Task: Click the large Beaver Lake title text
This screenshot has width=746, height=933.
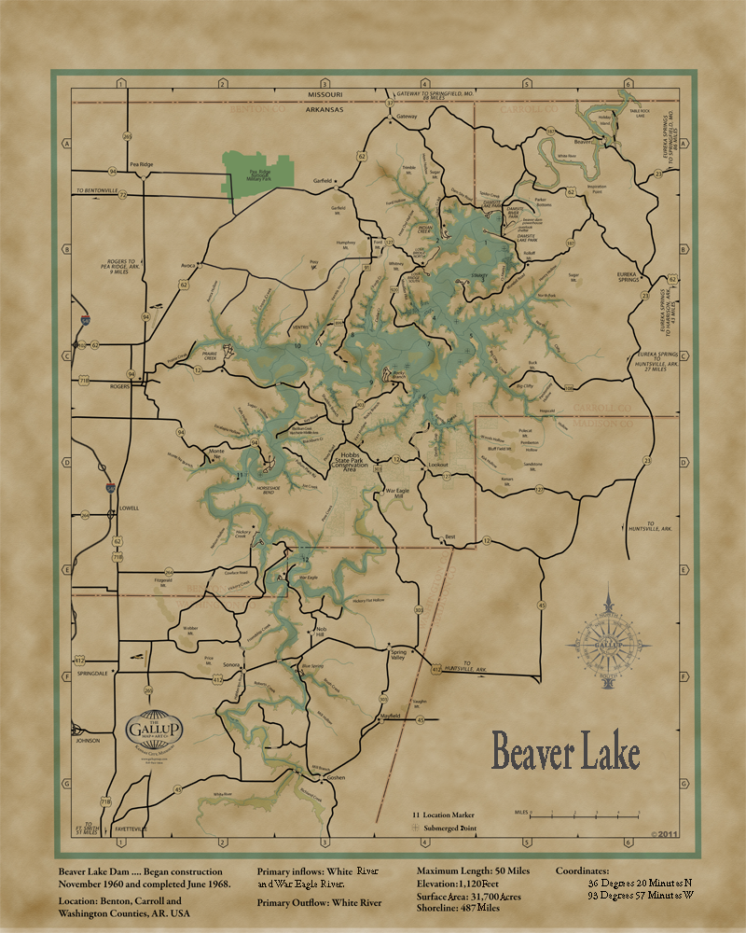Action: (565, 753)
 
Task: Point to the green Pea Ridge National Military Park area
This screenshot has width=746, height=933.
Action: (261, 172)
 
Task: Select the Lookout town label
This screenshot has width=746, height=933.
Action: (438, 464)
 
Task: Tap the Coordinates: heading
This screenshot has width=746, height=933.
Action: (583, 870)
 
